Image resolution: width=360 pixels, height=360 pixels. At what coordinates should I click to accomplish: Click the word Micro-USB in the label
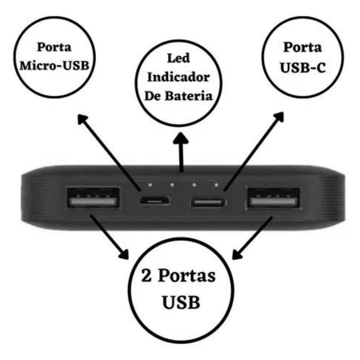[x=54, y=66]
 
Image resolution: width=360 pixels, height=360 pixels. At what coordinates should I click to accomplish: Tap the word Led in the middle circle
[x=178, y=58]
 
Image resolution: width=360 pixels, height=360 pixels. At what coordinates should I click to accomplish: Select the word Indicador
[x=178, y=77]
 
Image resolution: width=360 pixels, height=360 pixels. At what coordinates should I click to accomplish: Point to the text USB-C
[x=303, y=68]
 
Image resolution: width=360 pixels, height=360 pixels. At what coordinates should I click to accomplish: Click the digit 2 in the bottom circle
[x=147, y=275]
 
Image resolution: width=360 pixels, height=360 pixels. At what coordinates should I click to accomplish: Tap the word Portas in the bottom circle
[x=187, y=275]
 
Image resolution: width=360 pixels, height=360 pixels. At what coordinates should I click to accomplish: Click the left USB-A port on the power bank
[x=93, y=198]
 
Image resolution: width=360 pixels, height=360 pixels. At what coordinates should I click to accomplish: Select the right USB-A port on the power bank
[x=273, y=198]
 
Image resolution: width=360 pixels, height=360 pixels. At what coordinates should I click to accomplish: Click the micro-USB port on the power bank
[x=155, y=201]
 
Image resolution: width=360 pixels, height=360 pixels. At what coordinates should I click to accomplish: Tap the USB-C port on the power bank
[x=208, y=202]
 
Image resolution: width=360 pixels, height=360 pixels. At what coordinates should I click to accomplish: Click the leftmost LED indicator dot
[x=150, y=185]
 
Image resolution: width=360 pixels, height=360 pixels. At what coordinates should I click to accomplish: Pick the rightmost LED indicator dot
[x=216, y=185]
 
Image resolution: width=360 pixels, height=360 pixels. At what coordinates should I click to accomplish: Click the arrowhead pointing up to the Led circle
[x=181, y=138]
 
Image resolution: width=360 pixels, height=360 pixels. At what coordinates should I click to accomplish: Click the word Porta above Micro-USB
[x=54, y=47]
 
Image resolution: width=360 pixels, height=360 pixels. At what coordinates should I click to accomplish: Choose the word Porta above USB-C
[x=303, y=47]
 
